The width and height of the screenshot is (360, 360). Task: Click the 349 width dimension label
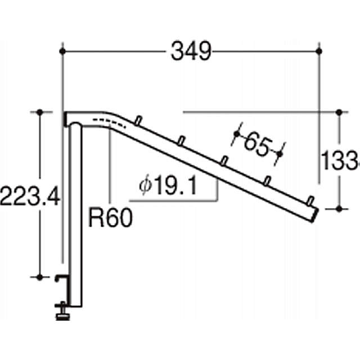pos(191,52)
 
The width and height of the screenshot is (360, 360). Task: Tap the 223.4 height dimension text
pos(29,196)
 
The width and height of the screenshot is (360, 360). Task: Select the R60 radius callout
pos(110,217)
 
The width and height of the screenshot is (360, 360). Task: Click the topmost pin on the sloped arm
pos(137,120)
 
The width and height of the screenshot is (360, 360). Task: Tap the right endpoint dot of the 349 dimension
pos(319,51)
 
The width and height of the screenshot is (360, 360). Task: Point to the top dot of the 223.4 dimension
pos(40,112)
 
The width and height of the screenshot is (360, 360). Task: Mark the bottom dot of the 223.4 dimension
pos(40,277)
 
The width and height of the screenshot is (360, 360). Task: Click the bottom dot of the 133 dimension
pos(339,209)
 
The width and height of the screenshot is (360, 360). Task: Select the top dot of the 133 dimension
pos(339,112)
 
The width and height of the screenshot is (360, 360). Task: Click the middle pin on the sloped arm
pos(223,160)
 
